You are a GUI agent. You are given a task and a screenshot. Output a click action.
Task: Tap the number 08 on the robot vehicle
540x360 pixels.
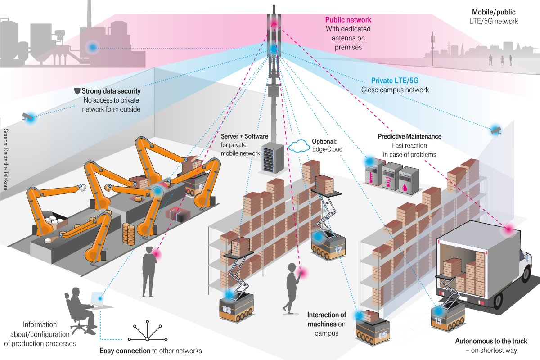click(x=227, y=310)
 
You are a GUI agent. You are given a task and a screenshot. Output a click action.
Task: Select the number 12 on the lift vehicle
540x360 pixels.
click(x=338, y=251)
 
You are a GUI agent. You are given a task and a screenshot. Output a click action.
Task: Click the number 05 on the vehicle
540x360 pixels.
click(x=383, y=334)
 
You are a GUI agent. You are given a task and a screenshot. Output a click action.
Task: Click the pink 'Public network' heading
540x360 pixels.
click(x=348, y=20)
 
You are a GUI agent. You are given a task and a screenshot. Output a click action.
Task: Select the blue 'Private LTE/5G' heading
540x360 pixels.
click(x=395, y=81)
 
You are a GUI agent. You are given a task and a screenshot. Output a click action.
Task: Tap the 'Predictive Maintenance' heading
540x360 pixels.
click(x=409, y=136)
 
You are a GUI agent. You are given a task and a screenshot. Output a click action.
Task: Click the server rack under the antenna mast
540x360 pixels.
click(x=272, y=157)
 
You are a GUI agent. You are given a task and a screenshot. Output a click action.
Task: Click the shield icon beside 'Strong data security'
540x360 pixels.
click(x=76, y=91)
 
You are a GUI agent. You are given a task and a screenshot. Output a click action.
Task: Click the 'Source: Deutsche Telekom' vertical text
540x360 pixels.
click(x=6, y=158)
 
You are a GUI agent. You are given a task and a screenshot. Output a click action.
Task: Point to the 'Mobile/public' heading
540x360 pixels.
click(x=494, y=12)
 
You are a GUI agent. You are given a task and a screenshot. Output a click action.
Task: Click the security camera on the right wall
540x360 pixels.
click(x=496, y=130)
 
